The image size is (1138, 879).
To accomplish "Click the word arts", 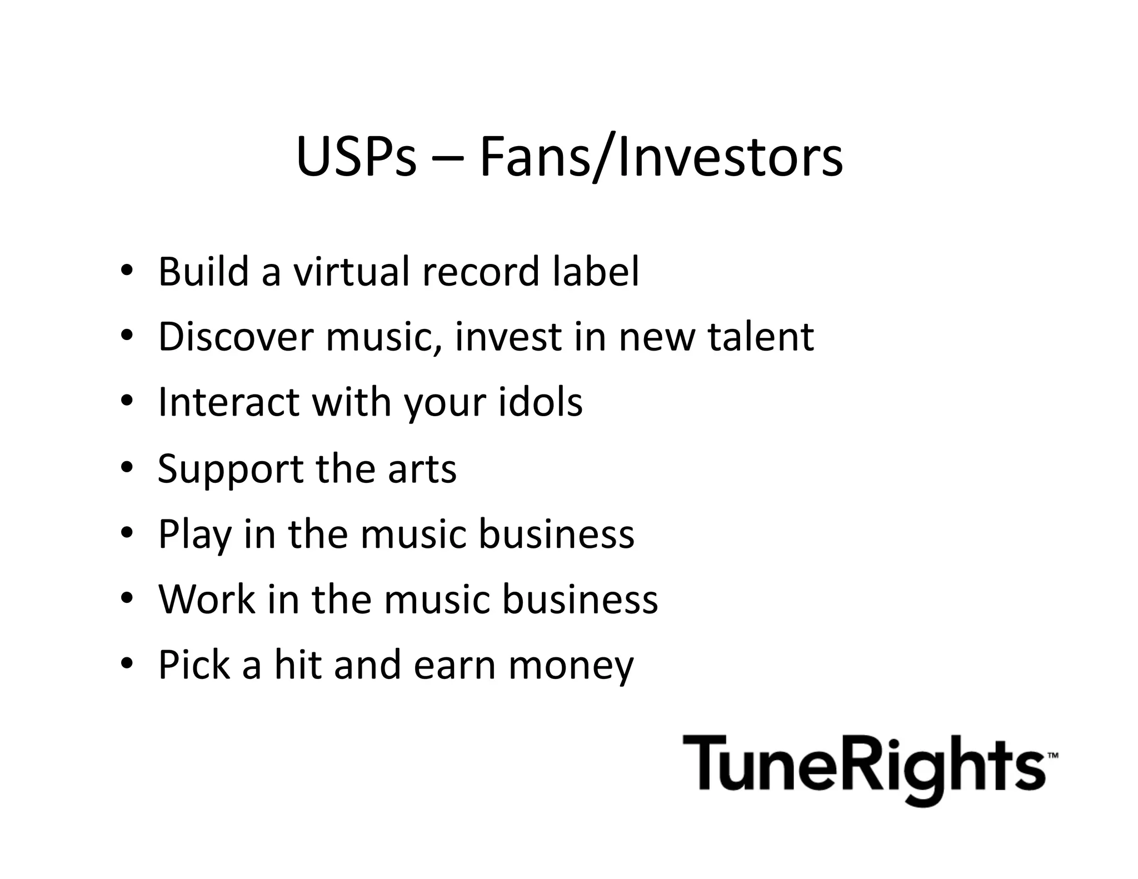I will [x=422, y=468].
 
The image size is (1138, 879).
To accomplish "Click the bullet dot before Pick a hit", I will [x=127, y=663].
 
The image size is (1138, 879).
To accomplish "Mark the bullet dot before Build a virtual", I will [x=127, y=271].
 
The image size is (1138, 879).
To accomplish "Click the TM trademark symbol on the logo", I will [x=1052, y=756].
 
